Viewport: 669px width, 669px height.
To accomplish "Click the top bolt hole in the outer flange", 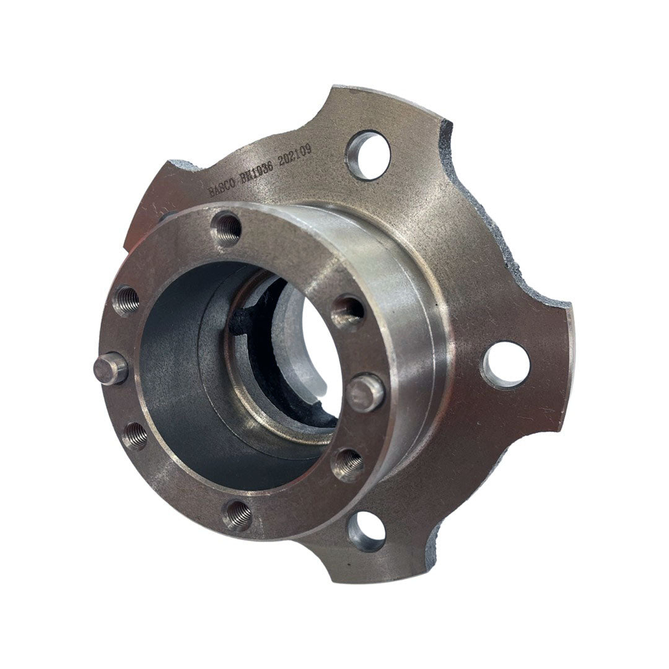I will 369,154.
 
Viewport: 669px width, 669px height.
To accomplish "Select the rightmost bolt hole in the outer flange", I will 507,365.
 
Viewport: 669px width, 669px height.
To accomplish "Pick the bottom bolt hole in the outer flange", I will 366,531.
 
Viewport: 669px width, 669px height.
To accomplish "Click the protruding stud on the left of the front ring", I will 111,368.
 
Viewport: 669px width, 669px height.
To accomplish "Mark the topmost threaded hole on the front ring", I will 227,227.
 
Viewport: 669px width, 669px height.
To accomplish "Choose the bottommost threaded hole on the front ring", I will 238,515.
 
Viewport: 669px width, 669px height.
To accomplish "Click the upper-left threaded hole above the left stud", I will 126,301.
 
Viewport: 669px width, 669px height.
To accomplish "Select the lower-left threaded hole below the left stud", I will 134,435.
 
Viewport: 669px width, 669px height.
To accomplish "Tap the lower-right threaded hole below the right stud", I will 348,462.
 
